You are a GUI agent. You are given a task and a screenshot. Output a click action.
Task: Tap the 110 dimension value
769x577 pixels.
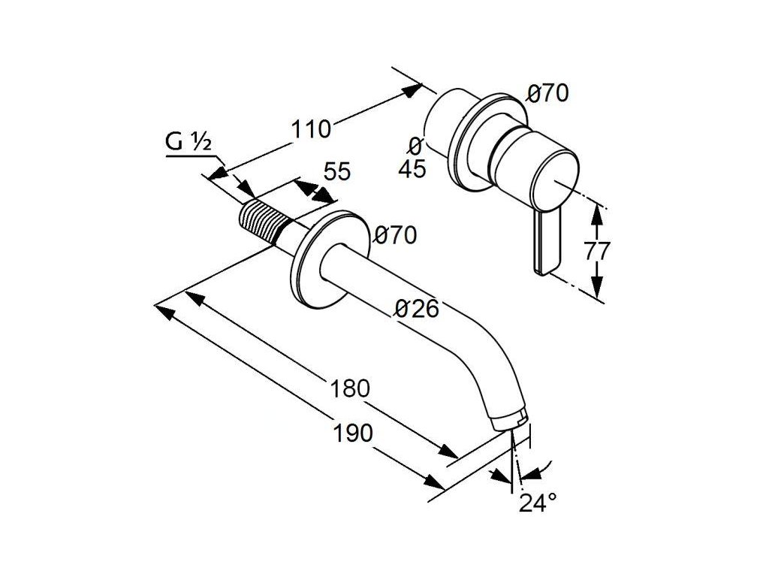click(311, 129)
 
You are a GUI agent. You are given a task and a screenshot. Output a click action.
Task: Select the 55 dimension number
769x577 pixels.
click(338, 172)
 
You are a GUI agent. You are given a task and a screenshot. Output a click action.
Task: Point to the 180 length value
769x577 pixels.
click(350, 388)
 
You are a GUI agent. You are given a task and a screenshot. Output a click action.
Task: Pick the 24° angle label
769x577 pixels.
click(538, 503)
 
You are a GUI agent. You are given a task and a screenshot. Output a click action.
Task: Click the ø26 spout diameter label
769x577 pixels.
click(418, 309)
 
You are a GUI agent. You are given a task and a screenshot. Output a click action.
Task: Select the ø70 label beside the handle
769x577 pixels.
click(547, 94)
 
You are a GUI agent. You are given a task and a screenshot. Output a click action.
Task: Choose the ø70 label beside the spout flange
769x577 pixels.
click(395, 235)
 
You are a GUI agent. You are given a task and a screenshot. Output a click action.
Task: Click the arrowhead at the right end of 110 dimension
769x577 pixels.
click(413, 89)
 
